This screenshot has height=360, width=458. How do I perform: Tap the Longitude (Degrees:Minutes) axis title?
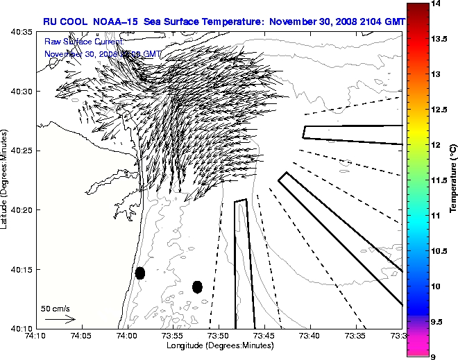[x=219, y=345]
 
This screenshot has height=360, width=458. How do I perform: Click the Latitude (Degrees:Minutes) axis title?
[x=6, y=180]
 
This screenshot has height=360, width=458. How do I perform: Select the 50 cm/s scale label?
[x=56, y=308]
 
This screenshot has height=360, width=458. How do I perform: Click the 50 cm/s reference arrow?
[x=59, y=319]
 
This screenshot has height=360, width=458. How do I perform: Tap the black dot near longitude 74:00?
[x=140, y=273]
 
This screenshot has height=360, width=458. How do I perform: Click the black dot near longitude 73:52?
[x=197, y=286]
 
